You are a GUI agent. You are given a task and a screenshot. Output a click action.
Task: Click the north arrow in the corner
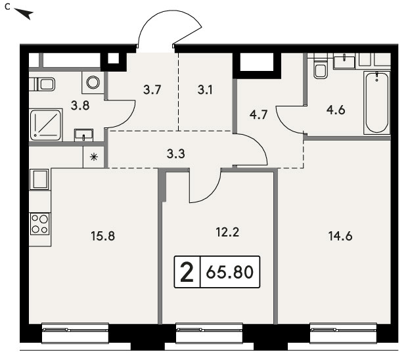pyautogui.click(x=24, y=14)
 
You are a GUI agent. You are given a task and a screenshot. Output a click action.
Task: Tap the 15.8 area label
pyautogui.click(x=102, y=236)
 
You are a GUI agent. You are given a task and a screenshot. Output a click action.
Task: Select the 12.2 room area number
pyautogui.click(x=227, y=232)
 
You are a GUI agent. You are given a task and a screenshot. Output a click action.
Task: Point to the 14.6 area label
pyautogui.click(x=340, y=236)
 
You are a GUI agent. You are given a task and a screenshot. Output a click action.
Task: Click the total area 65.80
pyautogui.click(x=229, y=272)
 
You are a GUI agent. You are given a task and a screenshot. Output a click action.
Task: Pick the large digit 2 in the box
pyautogui.click(x=187, y=272)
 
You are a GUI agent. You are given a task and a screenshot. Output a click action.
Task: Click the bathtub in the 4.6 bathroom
pyautogui.click(x=376, y=102)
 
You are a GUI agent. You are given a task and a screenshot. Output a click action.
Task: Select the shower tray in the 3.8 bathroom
pyautogui.click(x=46, y=125)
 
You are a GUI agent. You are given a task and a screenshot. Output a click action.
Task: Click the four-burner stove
pyautogui.click(x=40, y=224)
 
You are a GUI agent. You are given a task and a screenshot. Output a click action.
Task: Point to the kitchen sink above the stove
pyautogui.click(x=39, y=179)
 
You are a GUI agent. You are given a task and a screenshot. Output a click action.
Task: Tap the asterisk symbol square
pyautogui.click(x=93, y=157)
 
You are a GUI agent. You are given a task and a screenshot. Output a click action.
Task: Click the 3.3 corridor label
pyautogui.click(x=175, y=154)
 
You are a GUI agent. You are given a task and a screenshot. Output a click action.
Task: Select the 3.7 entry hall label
pyautogui.click(x=152, y=90)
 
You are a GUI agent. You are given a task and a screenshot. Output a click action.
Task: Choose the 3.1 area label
pyautogui.click(x=205, y=90)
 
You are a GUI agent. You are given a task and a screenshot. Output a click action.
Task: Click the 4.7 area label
pyautogui.click(x=258, y=114)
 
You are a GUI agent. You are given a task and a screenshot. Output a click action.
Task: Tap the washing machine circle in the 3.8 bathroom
pyautogui.click(x=93, y=82)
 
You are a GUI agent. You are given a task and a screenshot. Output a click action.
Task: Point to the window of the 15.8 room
pyautogui.click(x=75, y=333)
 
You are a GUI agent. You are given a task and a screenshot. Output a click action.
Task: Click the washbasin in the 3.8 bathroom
pyautogui.click(x=83, y=135)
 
